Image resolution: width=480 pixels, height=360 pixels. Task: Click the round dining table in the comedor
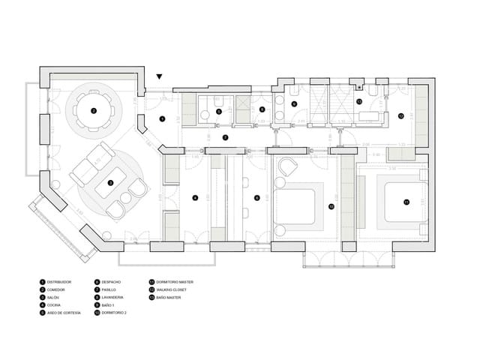pyautogui.click(x=94, y=110)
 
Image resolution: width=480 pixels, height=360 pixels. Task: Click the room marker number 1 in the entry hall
pyautogui.click(x=162, y=118)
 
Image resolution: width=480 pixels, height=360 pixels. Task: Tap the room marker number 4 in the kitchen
pyautogui.click(x=195, y=198)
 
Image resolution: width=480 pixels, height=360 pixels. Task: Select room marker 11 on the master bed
pyautogui.click(x=406, y=202)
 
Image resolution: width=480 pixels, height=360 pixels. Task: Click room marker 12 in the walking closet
pyautogui.click(x=401, y=115)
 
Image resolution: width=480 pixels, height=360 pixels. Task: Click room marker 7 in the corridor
pyautogui.click(x=225, y=138)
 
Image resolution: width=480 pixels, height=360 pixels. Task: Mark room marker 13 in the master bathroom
pyautogui.click(x=359, y=100)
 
